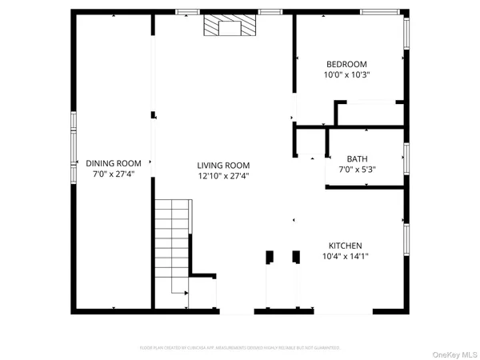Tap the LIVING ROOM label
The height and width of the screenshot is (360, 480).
pyautogui.click(x=224, y=165)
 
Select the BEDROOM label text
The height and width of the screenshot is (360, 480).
pyautogui.click(x=346, y=64)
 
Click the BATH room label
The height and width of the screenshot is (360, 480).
pyautogui.click(x=357, y=158)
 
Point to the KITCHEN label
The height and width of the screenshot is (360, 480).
pyautogui.click(x=346, y=246)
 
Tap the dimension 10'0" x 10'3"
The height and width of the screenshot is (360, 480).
pyautogui.click(x=346, y=74)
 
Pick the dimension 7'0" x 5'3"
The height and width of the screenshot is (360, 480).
pyautogui.click(x=357, y=169)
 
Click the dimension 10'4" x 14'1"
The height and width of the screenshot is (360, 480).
pyautogui.click(x=346, y=256)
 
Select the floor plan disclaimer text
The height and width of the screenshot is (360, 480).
pyautogui.click(x=240, y=348)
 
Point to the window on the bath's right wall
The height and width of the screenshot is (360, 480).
pyautogui.click(x=406, y=158)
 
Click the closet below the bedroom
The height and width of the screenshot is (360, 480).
pyautogui.click(x=368, y=114)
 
